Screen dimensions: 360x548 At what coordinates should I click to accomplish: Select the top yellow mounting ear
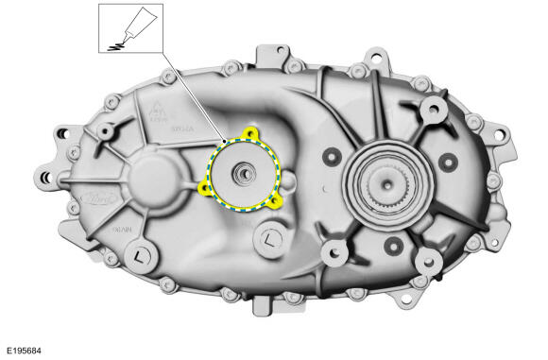pyautogui.click(x=250, y=134)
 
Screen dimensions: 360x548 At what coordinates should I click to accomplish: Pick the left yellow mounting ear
pyautogui.click(x=204, y=186)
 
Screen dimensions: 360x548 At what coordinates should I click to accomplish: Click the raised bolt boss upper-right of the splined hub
pyautogui.click(x=433, y=111)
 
